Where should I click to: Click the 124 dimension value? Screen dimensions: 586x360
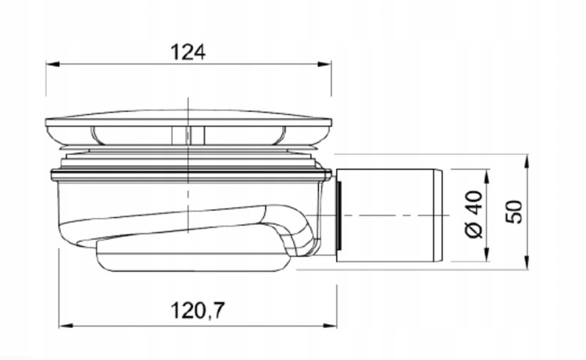[188, 52]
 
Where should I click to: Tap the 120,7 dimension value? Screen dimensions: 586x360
[198, 311]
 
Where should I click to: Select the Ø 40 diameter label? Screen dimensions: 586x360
[474, 214]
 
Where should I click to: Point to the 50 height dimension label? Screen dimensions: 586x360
[515, 212]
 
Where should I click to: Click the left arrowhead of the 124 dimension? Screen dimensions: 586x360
[52, 64]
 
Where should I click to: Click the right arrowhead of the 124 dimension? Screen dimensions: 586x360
[324, 64]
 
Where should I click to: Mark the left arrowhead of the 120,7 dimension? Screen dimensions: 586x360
[66, 326]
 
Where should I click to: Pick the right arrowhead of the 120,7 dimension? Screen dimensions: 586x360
[330, 326]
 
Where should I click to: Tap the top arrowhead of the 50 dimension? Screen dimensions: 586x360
[527, 162]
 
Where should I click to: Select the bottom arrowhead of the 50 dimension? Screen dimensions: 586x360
[527, 261]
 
